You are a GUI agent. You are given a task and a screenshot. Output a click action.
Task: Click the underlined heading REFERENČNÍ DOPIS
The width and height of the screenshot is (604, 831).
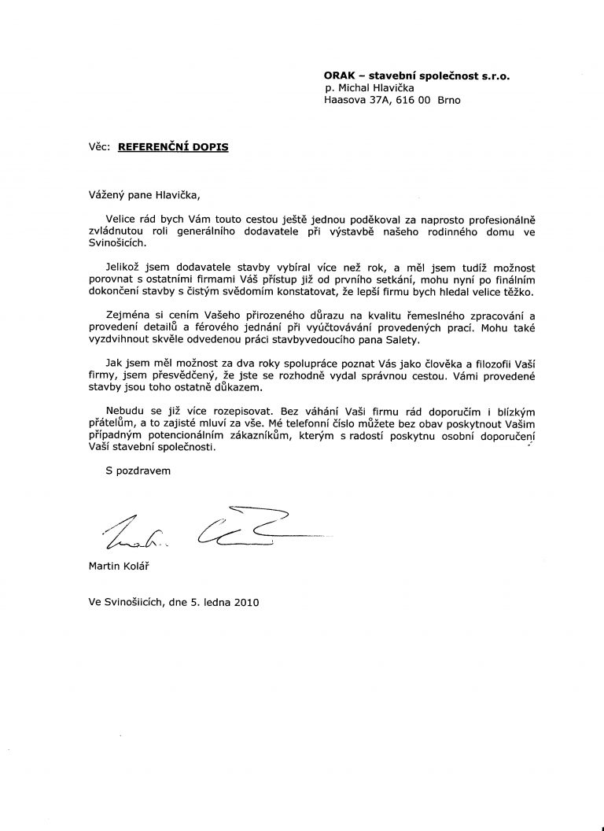click(x=173, y=146)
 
